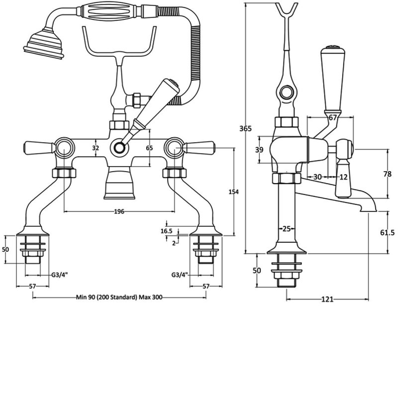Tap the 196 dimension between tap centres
click(119, 211)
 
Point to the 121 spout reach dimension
click(327, 299)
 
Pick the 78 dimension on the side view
click(388, 174)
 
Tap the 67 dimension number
click(333, 117)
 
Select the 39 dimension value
click(259, 150)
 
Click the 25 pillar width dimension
click(286, 228)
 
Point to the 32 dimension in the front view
click(97, 148)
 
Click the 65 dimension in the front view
click(149, 148)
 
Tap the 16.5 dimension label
click(167, 231)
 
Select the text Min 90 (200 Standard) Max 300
click(119, 298)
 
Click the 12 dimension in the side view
click(343, 177)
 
